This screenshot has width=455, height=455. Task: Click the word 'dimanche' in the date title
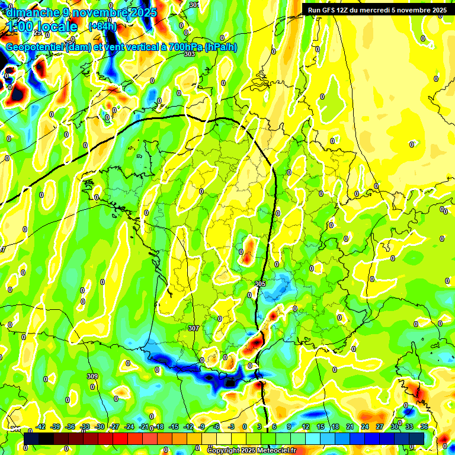[32, 12]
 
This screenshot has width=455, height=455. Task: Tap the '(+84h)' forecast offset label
[102, 26]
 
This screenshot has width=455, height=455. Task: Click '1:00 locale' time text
[42, 27]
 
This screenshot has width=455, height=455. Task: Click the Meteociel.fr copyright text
[251, 450]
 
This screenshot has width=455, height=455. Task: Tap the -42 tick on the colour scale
[41, 427]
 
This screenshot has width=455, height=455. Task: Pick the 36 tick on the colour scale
[424, 427]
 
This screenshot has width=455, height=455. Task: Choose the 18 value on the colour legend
[335, 427]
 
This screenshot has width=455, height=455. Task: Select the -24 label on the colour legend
[129, 427]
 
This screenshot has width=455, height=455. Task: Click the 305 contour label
[260, 284]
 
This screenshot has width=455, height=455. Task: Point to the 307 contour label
[193, 328]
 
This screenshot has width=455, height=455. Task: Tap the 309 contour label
[92, 376]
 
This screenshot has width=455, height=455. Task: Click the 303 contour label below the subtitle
[189, 54]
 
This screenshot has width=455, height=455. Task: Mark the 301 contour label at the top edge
[194, 4]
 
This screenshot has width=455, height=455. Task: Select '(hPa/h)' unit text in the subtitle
[220, 47]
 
